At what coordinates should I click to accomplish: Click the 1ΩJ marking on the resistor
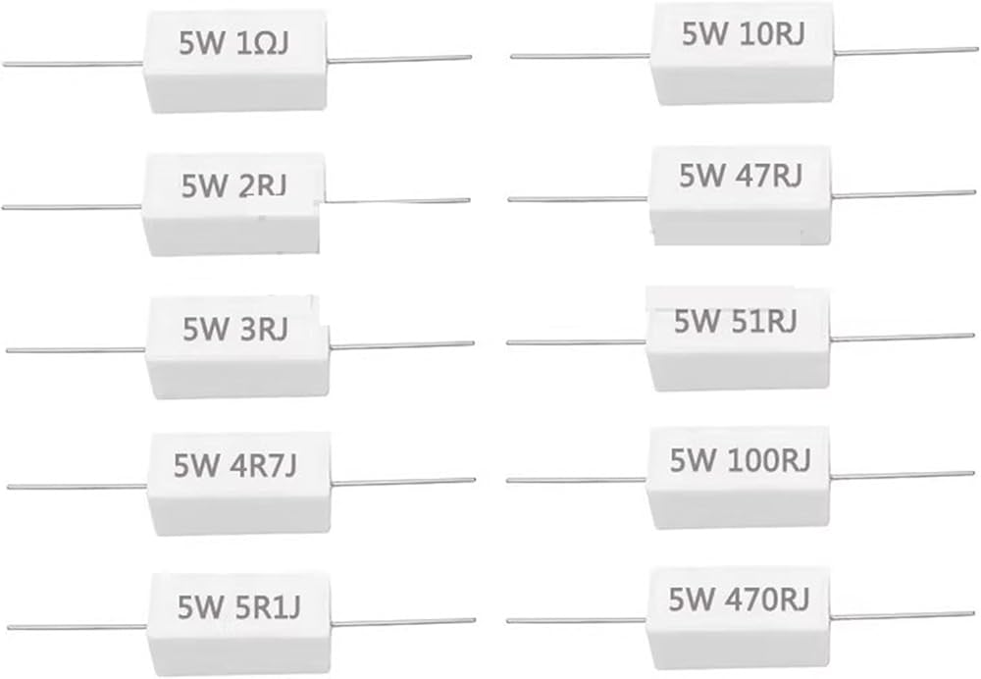click(x=263, y=44)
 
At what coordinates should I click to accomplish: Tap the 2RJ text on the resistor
click(x=263, y=185)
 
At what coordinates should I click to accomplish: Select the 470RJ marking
click(x=767, y=599)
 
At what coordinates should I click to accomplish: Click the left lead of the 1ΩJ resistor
click(x=74, y=63)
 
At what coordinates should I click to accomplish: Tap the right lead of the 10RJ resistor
click(x=898, y=51)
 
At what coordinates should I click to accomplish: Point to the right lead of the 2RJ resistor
click(x=396, y=201)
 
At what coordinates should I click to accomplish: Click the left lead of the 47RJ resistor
click(x=579, y=199)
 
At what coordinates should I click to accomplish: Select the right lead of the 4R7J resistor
click(x=402, y=482)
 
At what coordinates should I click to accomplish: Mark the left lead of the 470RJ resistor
click(x=576, y=621)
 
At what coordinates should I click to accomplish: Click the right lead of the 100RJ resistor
click(x=903, y=475)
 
